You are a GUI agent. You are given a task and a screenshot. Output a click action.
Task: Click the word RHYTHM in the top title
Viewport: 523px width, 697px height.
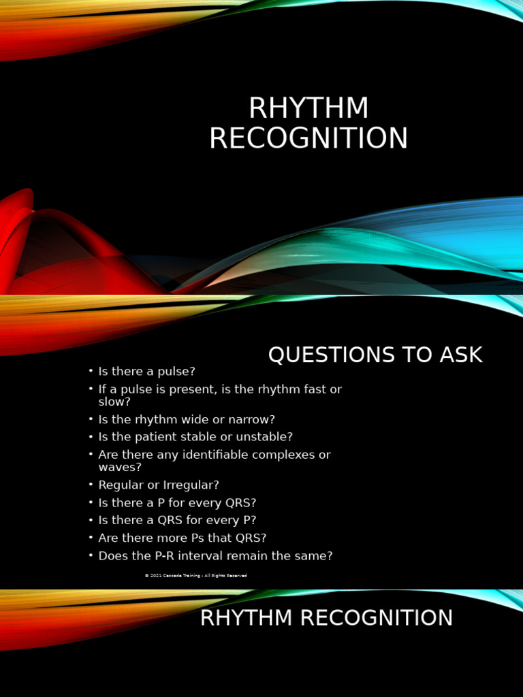308,109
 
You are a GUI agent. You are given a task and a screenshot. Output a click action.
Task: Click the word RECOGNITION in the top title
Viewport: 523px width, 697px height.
308,138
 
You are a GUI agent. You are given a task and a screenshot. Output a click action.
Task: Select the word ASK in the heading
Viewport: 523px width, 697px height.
461,355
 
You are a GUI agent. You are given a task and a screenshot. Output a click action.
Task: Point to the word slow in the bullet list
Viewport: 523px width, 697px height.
114,402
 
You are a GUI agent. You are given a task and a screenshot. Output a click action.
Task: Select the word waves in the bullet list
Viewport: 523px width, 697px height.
119,467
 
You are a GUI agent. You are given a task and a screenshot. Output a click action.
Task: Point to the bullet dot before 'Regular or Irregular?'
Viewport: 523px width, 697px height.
90,485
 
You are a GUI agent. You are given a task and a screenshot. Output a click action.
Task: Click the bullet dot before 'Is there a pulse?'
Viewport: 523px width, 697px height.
90,372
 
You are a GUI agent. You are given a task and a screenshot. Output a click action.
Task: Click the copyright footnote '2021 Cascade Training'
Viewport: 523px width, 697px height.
196,576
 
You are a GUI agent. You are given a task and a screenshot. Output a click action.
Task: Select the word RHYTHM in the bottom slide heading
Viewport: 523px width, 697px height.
246,618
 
